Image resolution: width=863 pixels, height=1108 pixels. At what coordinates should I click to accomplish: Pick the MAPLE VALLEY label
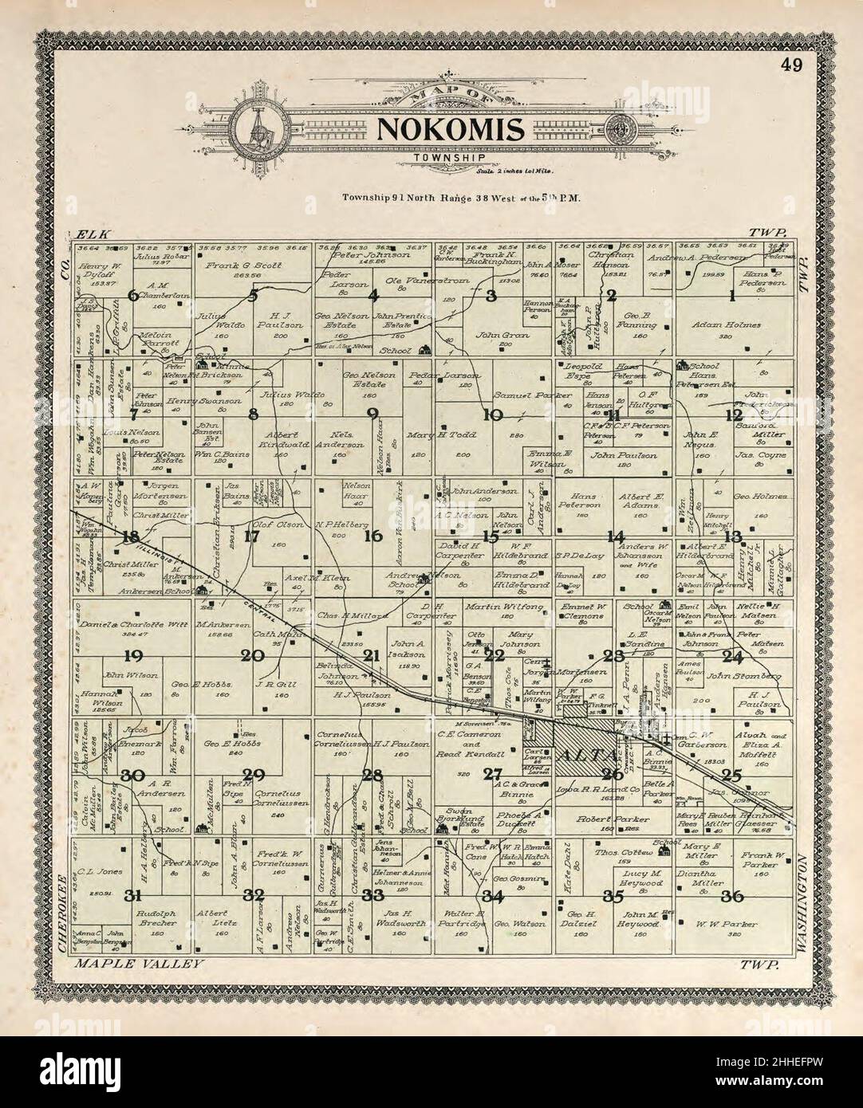tap(139, 964)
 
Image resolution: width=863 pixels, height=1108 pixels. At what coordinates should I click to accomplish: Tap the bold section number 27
tap(493, 774)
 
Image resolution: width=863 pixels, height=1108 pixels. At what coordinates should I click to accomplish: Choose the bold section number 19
tap(132, 657)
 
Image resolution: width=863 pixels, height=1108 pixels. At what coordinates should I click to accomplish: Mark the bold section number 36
tap(732, 896)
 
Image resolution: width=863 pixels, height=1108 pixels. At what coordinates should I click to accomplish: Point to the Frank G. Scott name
tap(240, 264)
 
